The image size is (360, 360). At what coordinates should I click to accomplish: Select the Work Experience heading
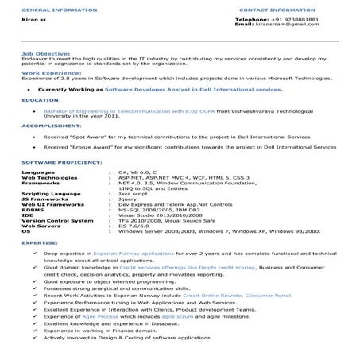tap(43, 71)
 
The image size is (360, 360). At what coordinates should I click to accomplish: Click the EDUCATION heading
tap(37, 101)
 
